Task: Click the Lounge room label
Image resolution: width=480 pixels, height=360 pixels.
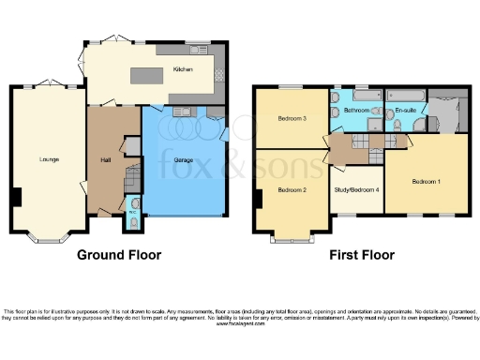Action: pyautogui.click(x=49, y=158)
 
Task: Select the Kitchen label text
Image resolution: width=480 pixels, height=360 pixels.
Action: pyautogui.click(x=182, y=69)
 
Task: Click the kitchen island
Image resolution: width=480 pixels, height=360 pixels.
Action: pyautogui.click(x=147, y=76)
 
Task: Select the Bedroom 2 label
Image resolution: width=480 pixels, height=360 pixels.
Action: pyautogui.click(x=292, y=189)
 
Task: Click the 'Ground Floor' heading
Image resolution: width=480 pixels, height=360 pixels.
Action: pyautogui.click(x=119, y=255)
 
